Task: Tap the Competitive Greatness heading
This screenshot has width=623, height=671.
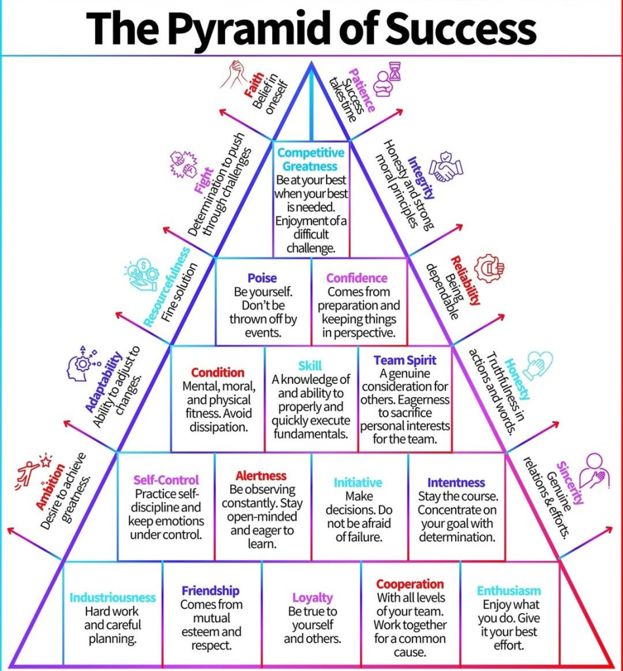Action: click(311, 159)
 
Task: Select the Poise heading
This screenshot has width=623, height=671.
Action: click(262, 278)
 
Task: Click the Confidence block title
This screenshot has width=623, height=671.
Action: click(357, 278)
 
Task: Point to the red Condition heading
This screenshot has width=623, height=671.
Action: click(218, 372)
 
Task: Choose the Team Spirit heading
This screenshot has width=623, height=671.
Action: click(405, 360)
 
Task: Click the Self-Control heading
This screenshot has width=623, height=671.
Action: click(166, 480)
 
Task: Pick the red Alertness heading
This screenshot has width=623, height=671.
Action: click(261, 476)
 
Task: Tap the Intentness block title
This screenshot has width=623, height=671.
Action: click(456, 482)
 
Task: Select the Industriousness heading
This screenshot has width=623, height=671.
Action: click(113, 597)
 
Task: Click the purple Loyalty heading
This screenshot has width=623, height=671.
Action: click(312, 597)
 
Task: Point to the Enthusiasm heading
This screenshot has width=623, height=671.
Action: click(509, 590)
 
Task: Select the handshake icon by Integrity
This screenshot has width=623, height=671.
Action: click(446, 166)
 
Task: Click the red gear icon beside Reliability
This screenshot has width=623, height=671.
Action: click(489, 267)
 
